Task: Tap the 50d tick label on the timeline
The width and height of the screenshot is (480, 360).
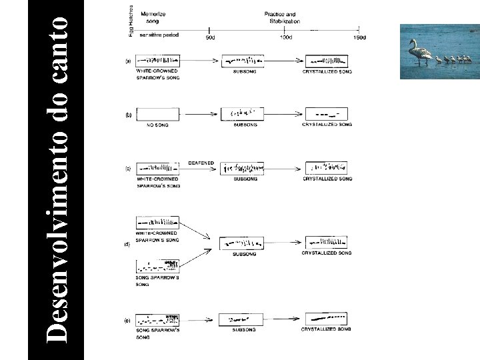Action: tap(210, 37)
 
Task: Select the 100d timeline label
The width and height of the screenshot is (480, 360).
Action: tap(285, 37)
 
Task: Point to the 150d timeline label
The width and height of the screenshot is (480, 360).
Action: tap(360, 37)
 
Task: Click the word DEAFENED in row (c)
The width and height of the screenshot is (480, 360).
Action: tap(201, 162)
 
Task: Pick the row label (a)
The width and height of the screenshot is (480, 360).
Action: tap(127, 61)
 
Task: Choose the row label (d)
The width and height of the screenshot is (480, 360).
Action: tap(127, 245)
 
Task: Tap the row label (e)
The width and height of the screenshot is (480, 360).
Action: tap(127, 320)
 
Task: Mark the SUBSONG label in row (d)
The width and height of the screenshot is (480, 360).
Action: tap(244, 254)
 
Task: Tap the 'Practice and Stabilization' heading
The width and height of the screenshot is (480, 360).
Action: tap(283, 17)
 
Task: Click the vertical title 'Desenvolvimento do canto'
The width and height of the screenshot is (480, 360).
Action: tap(61, 179)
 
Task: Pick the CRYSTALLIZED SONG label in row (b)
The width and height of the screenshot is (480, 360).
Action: tap(327, 125)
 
